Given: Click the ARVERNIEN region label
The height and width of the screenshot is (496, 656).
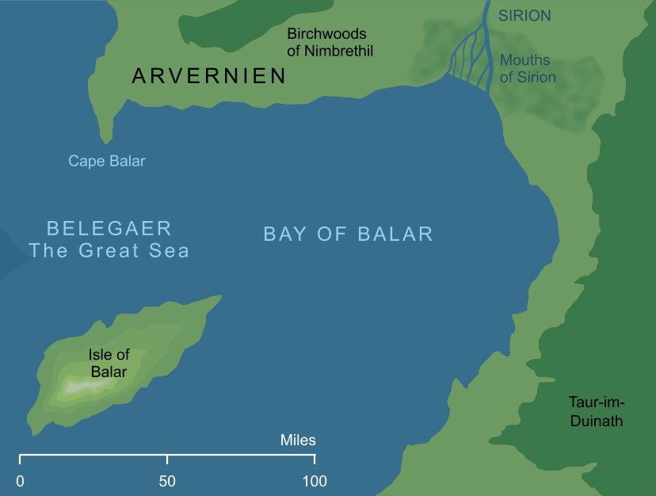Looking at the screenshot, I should (209, 76).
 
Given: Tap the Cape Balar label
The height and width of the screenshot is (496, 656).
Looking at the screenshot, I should (107, 161).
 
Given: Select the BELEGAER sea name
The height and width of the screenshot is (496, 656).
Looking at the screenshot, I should (109, 229).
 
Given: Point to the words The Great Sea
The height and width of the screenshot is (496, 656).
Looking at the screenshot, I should (109, 251).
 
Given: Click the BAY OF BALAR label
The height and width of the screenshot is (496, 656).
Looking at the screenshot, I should (348, 234).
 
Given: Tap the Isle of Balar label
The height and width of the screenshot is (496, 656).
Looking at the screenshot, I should (109, 363).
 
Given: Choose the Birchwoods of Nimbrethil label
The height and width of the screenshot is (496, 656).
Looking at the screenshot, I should (330, 43).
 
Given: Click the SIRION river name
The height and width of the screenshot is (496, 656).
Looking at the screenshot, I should (524, 16).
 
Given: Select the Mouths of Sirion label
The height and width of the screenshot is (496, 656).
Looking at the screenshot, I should (528, 69).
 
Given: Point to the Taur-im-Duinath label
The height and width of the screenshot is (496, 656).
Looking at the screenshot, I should (597, 410).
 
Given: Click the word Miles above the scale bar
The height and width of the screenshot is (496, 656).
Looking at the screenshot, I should (298, 440).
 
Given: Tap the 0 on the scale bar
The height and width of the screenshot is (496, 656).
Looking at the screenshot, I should (20, 480).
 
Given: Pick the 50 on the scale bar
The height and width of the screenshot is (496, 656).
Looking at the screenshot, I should (167, 480).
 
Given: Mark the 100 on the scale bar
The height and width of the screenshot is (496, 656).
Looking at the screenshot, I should (314, 480).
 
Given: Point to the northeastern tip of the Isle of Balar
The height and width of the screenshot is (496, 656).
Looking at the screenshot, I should (218, 299).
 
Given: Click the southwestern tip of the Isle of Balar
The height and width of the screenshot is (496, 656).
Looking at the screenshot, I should (34, 431).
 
